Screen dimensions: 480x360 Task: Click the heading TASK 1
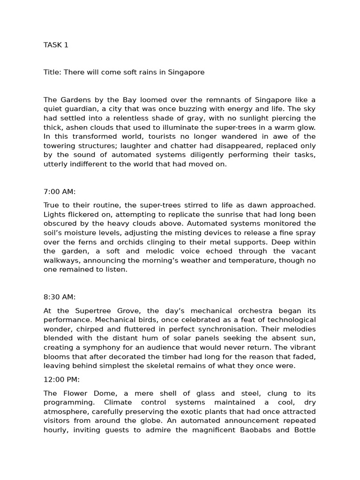pos(56,45)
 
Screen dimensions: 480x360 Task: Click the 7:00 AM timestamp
pos(60,191)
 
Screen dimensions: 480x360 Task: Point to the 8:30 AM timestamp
pos(60,297)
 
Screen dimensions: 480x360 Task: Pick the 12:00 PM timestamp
pos(62,380)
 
